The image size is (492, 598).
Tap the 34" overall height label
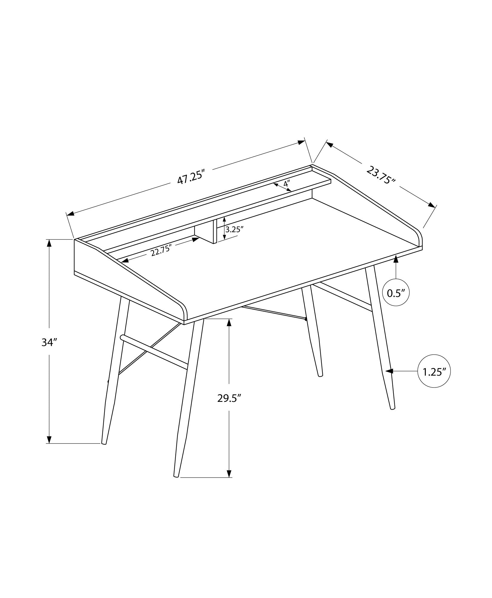tap(49, 343)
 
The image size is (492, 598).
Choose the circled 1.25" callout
tap(434, 371)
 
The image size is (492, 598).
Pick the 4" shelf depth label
tap(286, 184)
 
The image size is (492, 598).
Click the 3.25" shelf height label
tap(235, 229)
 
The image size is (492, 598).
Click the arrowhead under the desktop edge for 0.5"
tap(396, 259)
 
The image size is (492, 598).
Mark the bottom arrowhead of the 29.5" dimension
tap(229, 481)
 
